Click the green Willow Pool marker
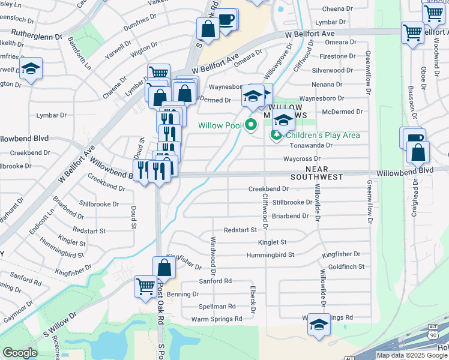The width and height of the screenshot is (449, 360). (x=251, y=125)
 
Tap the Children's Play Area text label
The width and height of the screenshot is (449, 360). (x=324, y=135)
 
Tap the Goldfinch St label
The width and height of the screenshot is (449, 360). (x=346, y=266)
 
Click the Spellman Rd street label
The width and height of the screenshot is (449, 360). (x=214, y=306)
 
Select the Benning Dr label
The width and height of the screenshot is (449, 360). (x=183, y=294)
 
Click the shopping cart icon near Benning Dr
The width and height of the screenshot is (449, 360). (x=145, y=286)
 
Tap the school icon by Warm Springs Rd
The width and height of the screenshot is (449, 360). (x=318, y=326)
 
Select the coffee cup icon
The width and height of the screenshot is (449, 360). (x=226, y=19)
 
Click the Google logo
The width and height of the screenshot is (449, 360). (x=20, y=353)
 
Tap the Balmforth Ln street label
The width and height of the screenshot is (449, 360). (x=78, y=51)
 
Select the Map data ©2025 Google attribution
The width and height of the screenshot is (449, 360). (x=411, y=355)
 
